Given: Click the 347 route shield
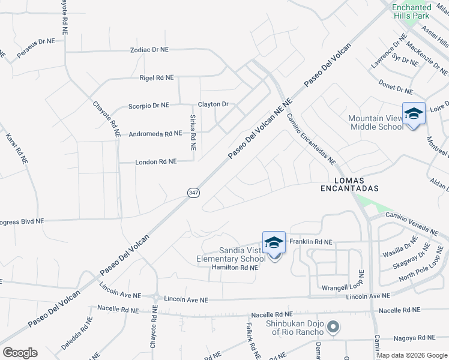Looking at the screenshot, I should [x=193, y=193].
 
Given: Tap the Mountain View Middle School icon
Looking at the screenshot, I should [x=413, y=113].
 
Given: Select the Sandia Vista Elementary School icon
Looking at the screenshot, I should [x=274, y=243].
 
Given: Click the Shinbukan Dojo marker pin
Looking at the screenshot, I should [x=334, y=328].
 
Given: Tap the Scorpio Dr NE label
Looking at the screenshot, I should [x=149, y=106].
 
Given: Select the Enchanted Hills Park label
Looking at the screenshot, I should [x=411, y=11].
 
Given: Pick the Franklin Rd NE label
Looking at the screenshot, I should [x=310, y=241].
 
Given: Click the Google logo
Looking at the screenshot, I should [x=20, y=352].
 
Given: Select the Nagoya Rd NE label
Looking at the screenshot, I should [x=414, y=338].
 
